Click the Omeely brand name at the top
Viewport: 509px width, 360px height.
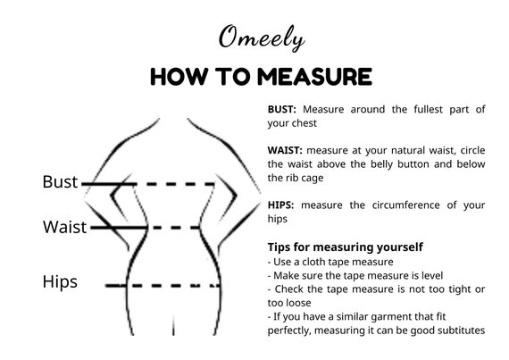262,38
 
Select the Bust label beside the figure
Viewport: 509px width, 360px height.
61,182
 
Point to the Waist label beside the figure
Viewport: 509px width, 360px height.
65,227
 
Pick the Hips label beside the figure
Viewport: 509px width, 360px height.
60,282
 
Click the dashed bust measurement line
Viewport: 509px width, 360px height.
179,184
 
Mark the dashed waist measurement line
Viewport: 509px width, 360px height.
179,228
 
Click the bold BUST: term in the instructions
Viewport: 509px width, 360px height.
283,109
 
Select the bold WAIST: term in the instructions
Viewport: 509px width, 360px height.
286,149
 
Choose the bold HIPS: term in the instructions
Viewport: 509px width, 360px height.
282,205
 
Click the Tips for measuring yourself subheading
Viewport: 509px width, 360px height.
345,247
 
